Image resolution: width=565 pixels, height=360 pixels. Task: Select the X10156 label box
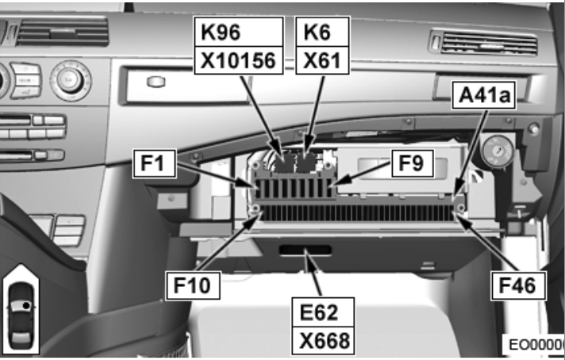point(239,59)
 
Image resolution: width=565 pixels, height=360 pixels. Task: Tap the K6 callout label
point(322,32)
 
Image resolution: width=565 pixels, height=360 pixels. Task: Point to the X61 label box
point(322,59)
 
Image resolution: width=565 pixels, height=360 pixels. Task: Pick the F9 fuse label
point(410,164)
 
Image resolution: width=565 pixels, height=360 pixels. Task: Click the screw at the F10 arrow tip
point(255,210)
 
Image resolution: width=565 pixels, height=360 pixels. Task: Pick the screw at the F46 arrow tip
point(459,209)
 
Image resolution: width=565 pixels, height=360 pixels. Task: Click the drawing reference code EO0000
point(537,346)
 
